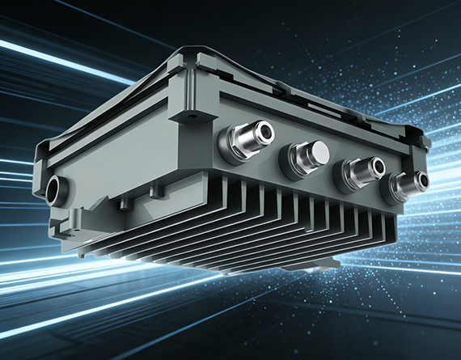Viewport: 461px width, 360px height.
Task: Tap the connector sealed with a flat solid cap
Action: click(x=304, y=155)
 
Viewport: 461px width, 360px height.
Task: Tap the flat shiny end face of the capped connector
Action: click(x=315, y=151)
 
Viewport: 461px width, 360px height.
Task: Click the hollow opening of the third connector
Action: click(x=376, y=167)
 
